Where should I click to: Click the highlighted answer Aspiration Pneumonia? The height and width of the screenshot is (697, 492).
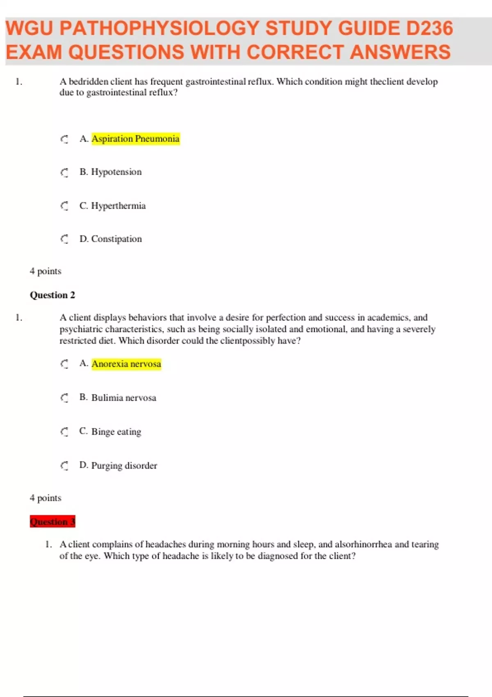pos(135,139)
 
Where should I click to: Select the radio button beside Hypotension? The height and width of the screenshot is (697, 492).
pos(64,173)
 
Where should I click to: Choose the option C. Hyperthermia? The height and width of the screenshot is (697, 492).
pos(112,206)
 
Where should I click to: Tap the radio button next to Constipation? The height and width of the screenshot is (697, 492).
pos(64,239)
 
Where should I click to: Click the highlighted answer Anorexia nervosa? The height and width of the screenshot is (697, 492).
pos(126,364)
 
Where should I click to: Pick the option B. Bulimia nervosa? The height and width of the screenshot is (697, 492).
pos(118,398)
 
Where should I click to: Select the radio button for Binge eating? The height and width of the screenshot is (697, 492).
pos(64,432)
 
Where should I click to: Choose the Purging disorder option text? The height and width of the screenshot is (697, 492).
pos(124,466)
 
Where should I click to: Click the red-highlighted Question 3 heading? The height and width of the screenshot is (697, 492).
pos(52,522)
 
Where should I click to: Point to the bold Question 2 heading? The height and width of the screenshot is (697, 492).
pos(52,295)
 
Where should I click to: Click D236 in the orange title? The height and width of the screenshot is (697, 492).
pos(429,29)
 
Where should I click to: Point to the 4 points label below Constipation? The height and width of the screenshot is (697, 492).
pos(46,271)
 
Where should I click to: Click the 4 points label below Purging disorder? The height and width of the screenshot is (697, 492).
pos(46,498)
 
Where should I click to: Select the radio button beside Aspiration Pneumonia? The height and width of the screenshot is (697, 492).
pos(64,139)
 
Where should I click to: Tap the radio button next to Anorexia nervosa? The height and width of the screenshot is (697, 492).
pos(64,364)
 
